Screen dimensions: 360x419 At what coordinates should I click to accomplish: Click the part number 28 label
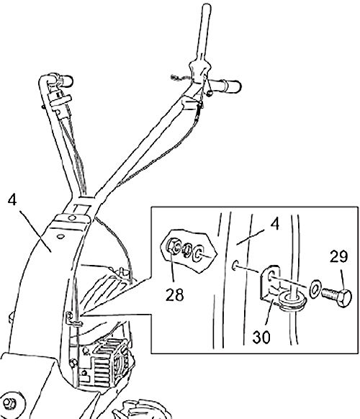click(x=174, y=294)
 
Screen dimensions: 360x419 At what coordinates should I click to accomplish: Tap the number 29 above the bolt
click(x=338, y=256)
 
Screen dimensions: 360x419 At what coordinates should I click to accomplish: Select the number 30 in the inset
click(x=261, y=337)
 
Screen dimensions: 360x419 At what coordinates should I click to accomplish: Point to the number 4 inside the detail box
click(x=275, y=224)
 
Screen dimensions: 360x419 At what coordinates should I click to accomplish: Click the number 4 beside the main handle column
click(x=12, y=199)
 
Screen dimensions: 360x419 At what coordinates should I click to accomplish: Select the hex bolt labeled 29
click(x=337, y=297)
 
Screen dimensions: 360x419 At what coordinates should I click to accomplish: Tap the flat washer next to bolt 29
click(x=315, y=289)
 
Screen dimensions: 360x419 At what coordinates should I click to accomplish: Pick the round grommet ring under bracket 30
click(x=292, y=301)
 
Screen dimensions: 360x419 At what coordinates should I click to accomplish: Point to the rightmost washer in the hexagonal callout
click(x=198, y=253)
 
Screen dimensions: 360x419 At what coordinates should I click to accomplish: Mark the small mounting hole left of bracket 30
click(x=235, y=265)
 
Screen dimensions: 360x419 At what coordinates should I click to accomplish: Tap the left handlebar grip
click(x=65, y=81)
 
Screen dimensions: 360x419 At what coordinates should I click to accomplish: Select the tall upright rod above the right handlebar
click(x=204, y=32)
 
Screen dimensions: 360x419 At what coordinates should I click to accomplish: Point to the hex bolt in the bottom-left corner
click(x=10, y=403)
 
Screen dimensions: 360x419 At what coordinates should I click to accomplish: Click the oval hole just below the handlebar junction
click(x=61, y=236)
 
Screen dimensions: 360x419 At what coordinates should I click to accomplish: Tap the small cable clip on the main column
click(x=73, y=320)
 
